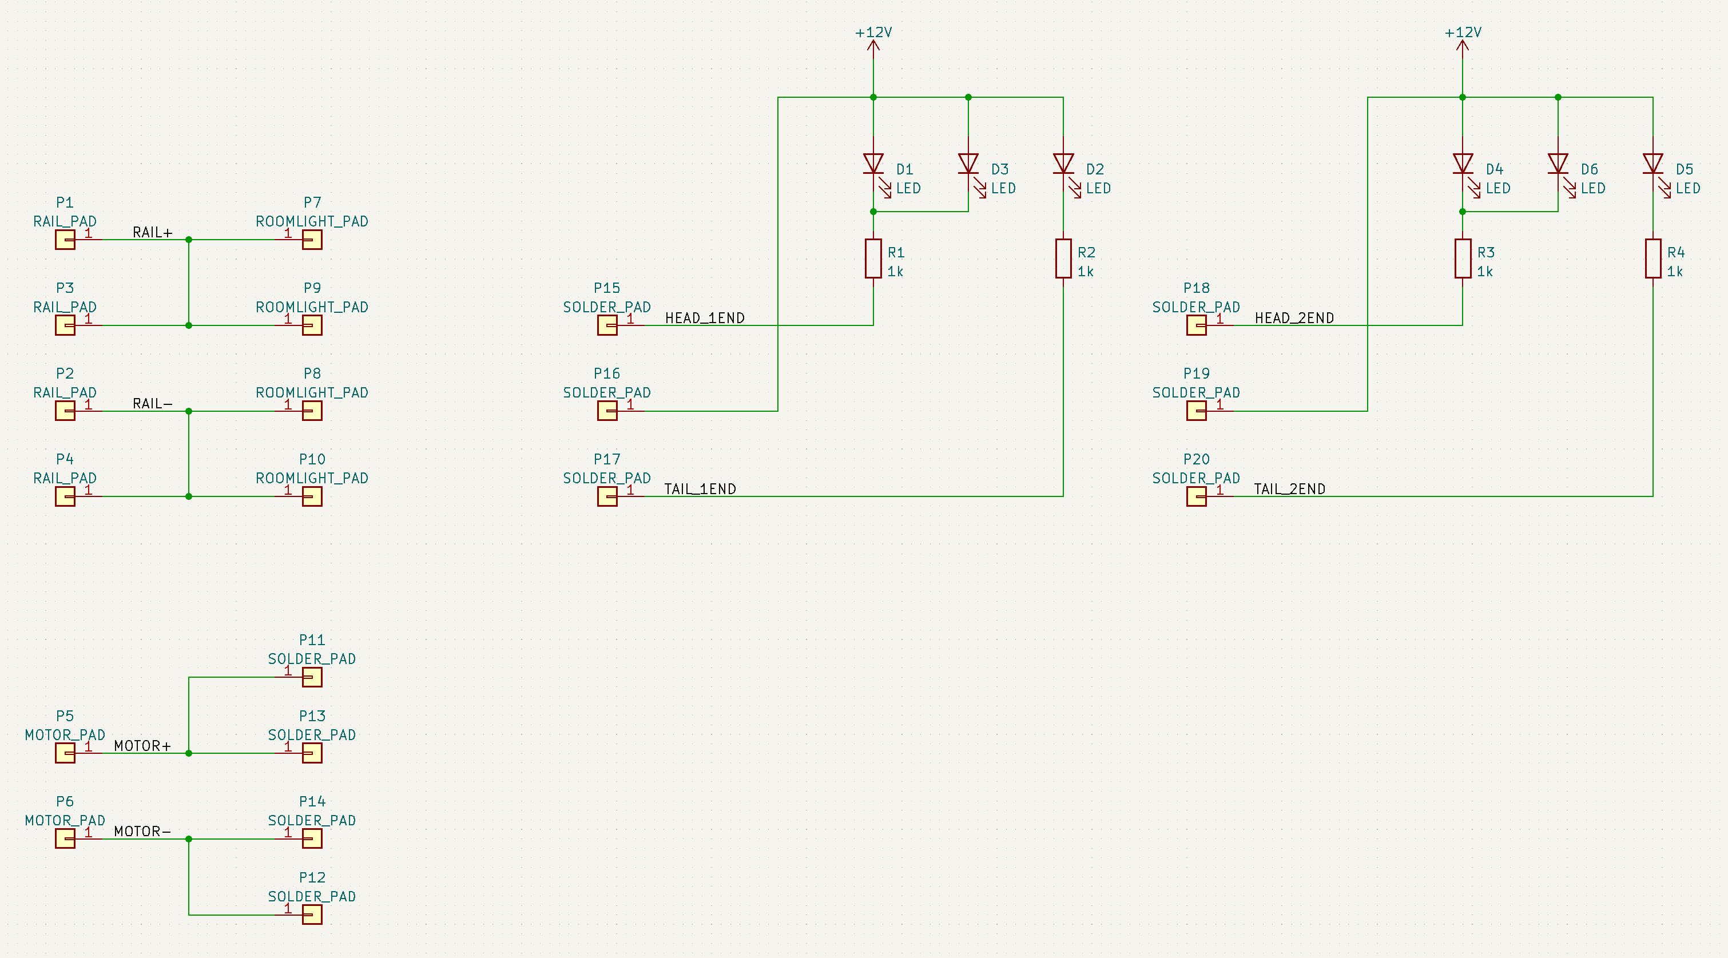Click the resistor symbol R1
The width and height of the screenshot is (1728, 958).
point(873,259)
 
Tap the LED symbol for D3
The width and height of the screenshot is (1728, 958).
point(968,164)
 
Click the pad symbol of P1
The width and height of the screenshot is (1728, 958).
point(65,240)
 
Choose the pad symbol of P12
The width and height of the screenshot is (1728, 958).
point(312,915)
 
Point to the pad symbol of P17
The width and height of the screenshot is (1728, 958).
point(607,496)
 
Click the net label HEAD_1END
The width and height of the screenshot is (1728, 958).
point(704,318)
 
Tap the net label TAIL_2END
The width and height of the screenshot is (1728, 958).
point(1289,489)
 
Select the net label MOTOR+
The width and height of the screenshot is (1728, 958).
point(142,746)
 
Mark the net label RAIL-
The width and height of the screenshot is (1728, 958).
point(152,404)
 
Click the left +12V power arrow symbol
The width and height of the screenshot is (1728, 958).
point(873,46)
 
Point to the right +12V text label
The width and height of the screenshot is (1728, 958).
point(1463,32)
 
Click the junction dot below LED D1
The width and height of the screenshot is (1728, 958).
point(873,212)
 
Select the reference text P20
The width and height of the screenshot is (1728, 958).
point(1196,459)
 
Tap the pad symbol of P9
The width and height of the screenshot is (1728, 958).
point(312,325)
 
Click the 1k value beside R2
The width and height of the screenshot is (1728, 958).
point(1086,272)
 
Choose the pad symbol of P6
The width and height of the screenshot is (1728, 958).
point(65,838)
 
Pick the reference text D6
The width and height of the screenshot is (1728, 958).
point(1589,169)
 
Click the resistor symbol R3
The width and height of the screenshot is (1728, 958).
point(1463,259)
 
